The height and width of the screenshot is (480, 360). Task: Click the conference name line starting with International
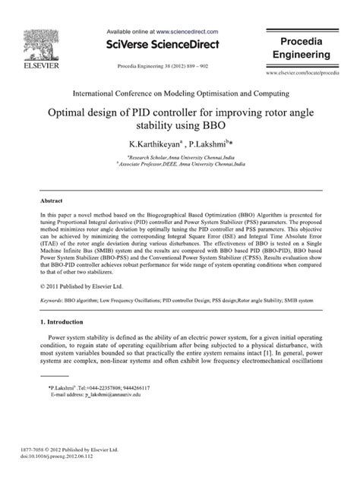[179, 93]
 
